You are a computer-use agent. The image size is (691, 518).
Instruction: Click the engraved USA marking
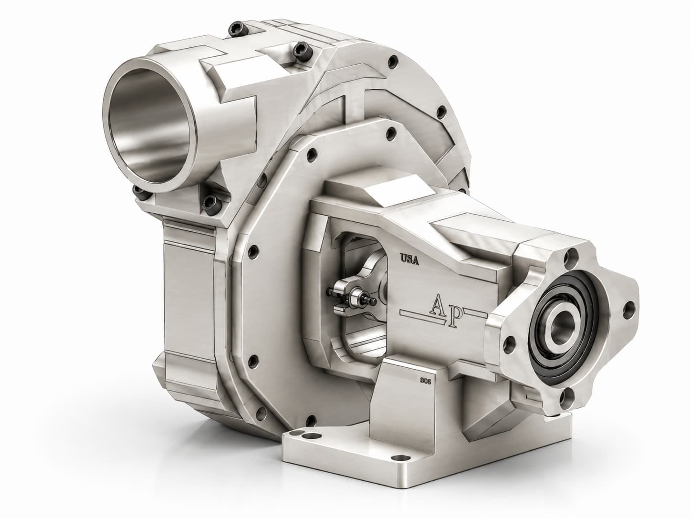point(409,260)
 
